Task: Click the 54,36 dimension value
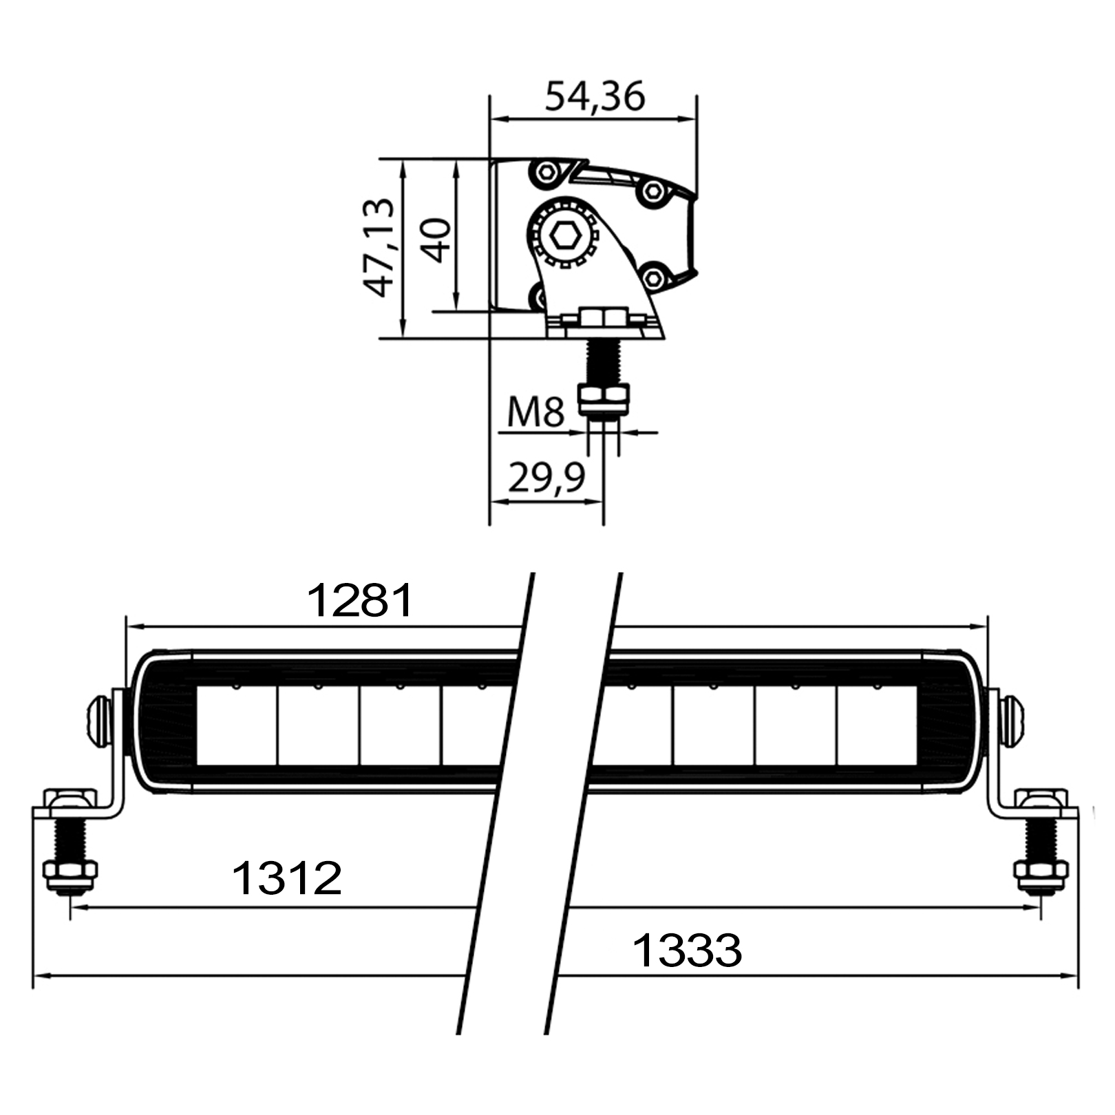pos(595,97)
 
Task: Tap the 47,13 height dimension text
pos(379,248)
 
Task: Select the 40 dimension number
pos(436,241)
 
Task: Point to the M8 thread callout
pos(535,412)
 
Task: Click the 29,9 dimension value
pos(546,477)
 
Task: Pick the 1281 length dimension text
pos(360,600)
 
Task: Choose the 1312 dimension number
pos(287,878)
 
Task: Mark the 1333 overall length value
pos(687,951)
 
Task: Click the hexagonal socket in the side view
pos(565,236)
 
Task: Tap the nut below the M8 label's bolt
pos(604,399)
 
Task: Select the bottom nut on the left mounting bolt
pos(70,875)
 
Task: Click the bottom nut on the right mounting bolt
pos(1041,875)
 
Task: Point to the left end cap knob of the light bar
pos(99,721)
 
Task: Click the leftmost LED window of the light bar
pos(237,725)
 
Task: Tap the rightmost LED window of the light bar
pos(877,725)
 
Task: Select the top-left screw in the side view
pos(547,172)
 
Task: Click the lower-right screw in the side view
pos(654,278)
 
